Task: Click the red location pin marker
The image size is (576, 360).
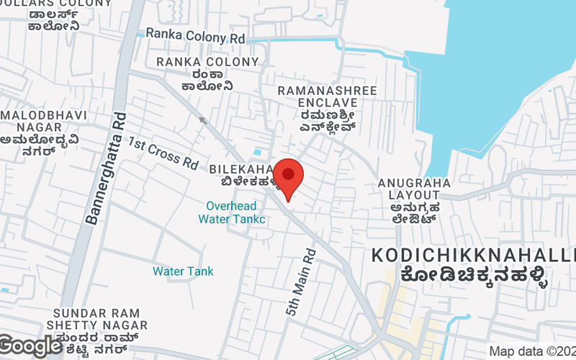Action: tap(288, 178)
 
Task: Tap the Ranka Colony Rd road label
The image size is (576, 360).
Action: tap(195, 35)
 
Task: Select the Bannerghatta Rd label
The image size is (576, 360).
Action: tap(105, 169)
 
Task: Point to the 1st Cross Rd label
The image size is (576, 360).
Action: tap(163, 153)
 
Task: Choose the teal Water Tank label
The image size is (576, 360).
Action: tap(183, 271)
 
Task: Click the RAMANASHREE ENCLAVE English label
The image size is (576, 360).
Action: tap(318, 96)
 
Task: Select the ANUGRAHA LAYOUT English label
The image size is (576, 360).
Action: tap(415, 189)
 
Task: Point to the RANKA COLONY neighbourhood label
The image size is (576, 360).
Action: tap(207, 62)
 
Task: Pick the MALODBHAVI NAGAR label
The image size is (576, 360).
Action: tap(43, 121)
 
